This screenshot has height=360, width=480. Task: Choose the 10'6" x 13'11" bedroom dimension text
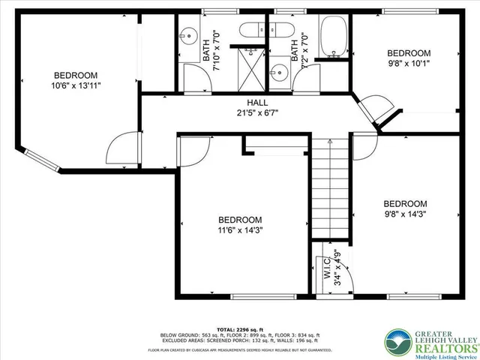pyautogui.click(x=76, y=86)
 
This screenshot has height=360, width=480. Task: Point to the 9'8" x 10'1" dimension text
pyautogui.click(x=409, y=64)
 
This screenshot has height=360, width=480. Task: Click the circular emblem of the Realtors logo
pyautogui.click(x=395, y=341)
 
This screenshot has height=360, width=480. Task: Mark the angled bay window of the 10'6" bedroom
pyautogui.click(x=38, y=160)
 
